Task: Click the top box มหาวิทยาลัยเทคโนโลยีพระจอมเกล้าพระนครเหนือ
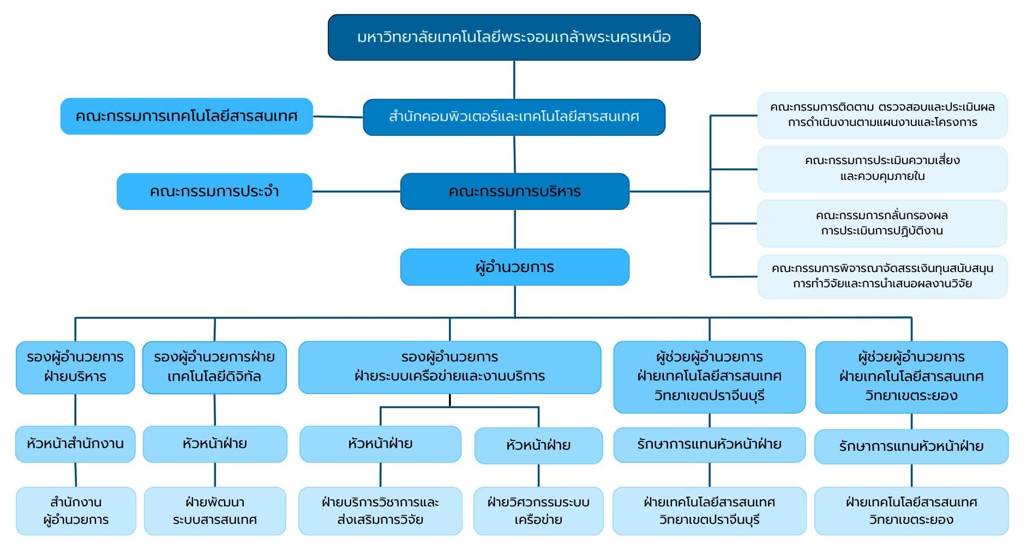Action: click(514, 37)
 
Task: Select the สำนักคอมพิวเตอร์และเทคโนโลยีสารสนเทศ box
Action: click(514, 117)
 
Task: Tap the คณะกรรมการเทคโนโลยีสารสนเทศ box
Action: click(187, 116)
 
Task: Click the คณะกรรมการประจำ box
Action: click(214, 191)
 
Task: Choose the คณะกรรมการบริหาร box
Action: click(514, 191)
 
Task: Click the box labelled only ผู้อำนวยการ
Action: click(514, 267)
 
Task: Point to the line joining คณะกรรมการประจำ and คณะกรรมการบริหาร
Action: click(356, 191)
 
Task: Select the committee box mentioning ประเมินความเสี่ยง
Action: click(882, 168)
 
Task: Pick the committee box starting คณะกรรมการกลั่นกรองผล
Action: click(881, 223)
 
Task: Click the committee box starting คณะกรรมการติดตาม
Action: click(882, 114)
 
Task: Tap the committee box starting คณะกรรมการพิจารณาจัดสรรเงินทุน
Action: click(882, 276)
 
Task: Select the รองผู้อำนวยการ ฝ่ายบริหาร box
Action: click(75, 367)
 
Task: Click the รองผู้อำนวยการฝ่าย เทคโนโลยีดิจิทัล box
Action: click(214, 367)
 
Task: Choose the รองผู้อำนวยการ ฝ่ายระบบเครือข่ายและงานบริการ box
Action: click(449, 367)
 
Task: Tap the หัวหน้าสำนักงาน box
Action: click(75, 444)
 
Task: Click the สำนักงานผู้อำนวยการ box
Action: click(76, 511)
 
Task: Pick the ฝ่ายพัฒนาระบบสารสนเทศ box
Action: click(215, 511)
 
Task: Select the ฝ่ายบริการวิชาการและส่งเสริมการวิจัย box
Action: click(380, 511)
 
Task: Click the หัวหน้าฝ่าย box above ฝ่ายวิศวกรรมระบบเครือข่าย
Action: click(538, 445)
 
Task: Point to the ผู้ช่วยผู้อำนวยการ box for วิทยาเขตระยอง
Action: click(911, 377)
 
